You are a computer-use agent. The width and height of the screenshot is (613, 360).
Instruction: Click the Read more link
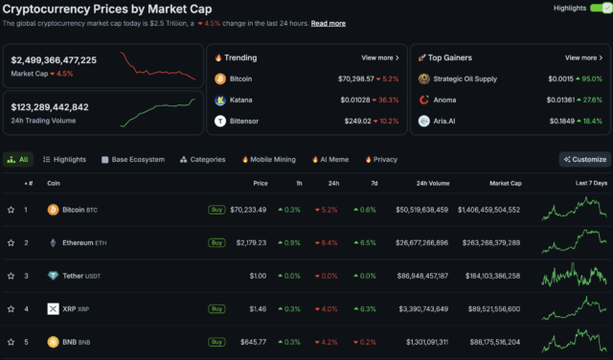(x=329, y=23)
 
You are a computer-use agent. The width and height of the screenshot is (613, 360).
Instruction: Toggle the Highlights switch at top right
(x=599, y=8)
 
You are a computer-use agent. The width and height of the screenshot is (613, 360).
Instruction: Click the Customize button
(x=584, y=159)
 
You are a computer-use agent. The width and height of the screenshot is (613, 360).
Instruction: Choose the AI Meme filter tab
(x=329, y=159)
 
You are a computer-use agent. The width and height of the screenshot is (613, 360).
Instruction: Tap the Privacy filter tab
(x=381, y=159)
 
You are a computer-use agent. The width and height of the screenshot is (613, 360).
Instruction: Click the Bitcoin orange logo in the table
(x=53, y=209)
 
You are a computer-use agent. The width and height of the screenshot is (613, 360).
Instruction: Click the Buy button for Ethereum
(x=217, y=242)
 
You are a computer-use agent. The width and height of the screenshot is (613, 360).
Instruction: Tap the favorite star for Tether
(x=11, y=276)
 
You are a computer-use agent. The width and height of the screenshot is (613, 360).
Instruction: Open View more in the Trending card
(x=379, y=57)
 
